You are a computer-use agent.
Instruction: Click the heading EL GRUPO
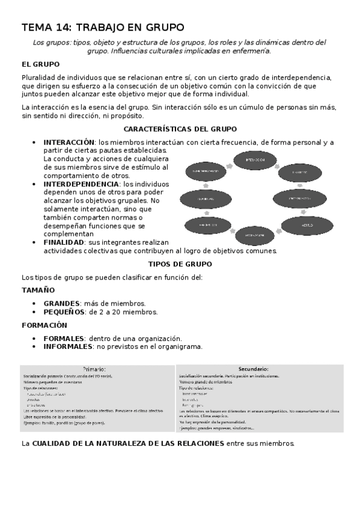(40, 64)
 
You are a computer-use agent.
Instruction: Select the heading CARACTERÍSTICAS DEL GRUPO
(180, 129)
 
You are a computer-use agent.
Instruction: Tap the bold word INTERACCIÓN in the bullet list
(69, 142)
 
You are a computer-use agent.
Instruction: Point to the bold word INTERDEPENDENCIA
(81, 183)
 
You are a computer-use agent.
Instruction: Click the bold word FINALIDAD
(63, 242)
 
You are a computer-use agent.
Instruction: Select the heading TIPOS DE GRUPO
(180, 264)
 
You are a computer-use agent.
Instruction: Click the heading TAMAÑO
(38, 290)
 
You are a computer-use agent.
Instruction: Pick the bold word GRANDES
(61, 303)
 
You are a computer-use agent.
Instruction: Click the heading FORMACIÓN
(44, 325)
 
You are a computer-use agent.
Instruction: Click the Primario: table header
(94, 369)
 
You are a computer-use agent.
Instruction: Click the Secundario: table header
(253, 369)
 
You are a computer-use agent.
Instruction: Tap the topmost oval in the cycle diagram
(256, 160)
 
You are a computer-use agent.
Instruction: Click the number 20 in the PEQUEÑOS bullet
(114, 312)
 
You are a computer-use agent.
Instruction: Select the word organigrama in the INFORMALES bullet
(178, 346)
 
